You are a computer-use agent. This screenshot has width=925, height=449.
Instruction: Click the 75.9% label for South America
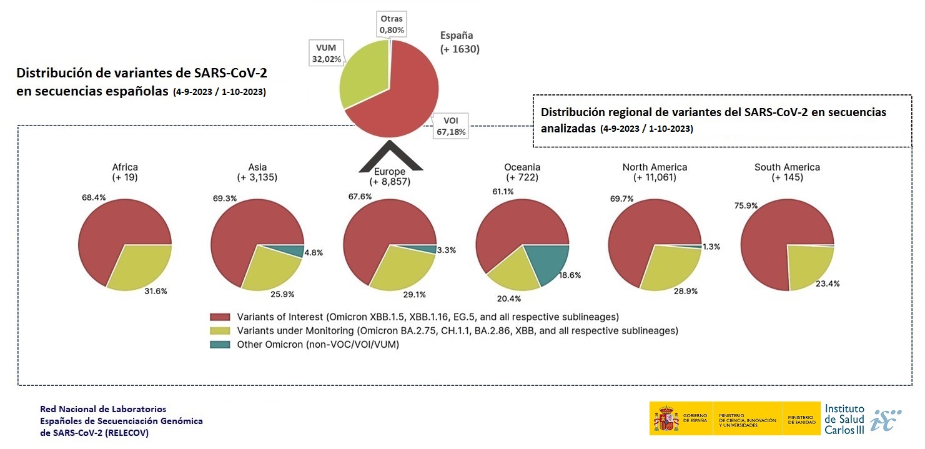[746, 205]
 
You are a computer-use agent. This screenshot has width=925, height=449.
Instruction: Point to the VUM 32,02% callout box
[326, 53]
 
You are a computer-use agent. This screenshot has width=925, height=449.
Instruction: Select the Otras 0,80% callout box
[392, 24]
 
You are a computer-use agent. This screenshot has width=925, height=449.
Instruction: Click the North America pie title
[655, 167]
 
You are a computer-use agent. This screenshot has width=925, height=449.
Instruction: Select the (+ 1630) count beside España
[460, 49]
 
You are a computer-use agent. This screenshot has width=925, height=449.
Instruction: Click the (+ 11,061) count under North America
[655, 177]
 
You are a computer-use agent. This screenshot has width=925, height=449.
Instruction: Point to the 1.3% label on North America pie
[712, 247]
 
